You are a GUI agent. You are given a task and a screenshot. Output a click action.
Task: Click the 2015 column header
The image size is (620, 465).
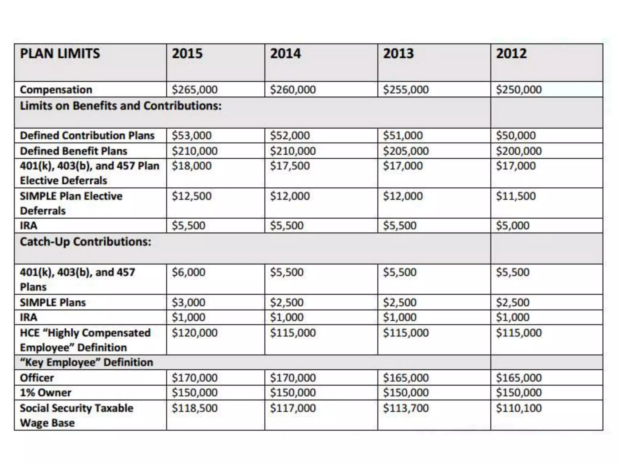click(x=187, y=54)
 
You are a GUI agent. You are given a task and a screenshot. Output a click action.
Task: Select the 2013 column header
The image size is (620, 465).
click(x=398, y=54)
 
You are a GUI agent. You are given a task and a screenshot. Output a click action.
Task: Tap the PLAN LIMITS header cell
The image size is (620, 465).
click(x=60, y=54)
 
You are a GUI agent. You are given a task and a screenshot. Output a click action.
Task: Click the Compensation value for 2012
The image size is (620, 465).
click(x=519, y=90)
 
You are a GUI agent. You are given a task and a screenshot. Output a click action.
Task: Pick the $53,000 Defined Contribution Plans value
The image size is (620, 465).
click(x=192, y=135)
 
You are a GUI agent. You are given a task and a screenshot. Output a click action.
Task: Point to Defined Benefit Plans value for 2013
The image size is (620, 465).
click(x=406, y=151)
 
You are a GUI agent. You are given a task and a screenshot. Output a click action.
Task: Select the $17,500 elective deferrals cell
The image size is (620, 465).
click(x=290, y=166)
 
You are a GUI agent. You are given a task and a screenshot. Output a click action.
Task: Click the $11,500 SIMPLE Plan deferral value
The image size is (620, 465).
click(x=516, y=196)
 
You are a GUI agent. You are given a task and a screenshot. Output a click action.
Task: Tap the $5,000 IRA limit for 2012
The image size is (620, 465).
click(x=513, y=226)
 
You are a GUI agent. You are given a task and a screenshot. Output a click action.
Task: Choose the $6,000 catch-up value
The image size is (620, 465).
click(x=188, y=272)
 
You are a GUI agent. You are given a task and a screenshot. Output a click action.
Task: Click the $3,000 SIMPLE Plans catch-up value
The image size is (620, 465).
click(x=188, y=302)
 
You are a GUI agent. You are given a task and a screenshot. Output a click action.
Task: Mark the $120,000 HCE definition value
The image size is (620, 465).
click(x=195, y=333)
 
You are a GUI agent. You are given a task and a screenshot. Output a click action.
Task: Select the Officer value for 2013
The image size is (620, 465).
click(x=406, y=378)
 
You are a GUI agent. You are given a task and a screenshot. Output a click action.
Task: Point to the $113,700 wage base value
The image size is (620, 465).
click(x=406, y=408)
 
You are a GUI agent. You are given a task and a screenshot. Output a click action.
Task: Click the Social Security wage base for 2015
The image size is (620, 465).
click(x=195, y=408)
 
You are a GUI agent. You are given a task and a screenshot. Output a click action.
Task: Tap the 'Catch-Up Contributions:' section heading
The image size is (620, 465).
click(x=85, y=242)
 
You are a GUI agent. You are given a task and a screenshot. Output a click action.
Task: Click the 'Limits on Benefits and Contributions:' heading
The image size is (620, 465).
click(x=120, y=106)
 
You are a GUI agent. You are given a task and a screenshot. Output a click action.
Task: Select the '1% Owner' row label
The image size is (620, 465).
click(x=45, y=393)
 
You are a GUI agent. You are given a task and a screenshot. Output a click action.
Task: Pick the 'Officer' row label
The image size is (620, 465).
click(x=37, y=378)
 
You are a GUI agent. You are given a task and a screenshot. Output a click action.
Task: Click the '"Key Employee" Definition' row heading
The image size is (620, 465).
click(x=86, y=362)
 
